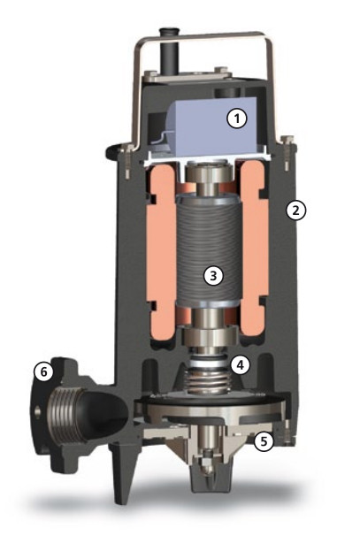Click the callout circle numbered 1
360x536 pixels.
(x=237, y=119)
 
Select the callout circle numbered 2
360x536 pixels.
(x=295, y=211)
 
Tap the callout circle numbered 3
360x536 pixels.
(x=213, y=276)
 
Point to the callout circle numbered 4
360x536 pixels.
(x=240, y=364)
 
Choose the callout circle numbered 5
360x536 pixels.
(x=264, y=441)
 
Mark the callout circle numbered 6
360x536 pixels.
(x=43, y=371)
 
